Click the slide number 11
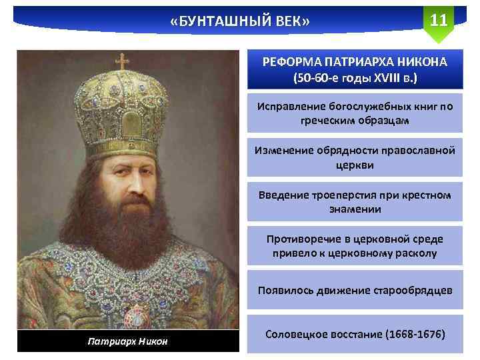click(438, 19)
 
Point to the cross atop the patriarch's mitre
click(123, 62)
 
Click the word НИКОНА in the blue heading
click(422, 63)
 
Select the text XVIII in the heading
click(387, 77)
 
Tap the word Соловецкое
click(298, 333)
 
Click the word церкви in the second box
click(355, 165)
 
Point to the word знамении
click(355, 209)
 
